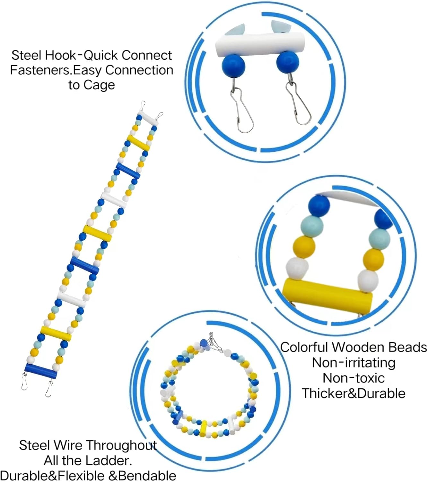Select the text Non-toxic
(x=354, y=378)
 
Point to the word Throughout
(x=122, y=445)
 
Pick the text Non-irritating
(x=354, y=363)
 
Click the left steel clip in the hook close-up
(x=242, y=109)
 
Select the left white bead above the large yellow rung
(x=297, y=268)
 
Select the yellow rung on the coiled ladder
(x=203, y=428)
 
